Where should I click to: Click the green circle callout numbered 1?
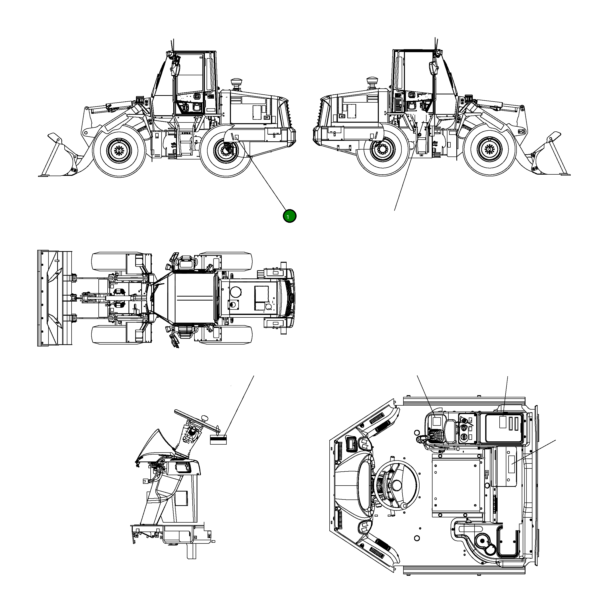pyautogui.click(x=289, y=216)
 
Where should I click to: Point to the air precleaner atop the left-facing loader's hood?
pyautogui.click(x=236, y=85)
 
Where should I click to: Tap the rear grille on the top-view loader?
pyautogui.click(x=289, y=298)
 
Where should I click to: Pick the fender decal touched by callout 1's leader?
pyautogui.click(x=237, y=137)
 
